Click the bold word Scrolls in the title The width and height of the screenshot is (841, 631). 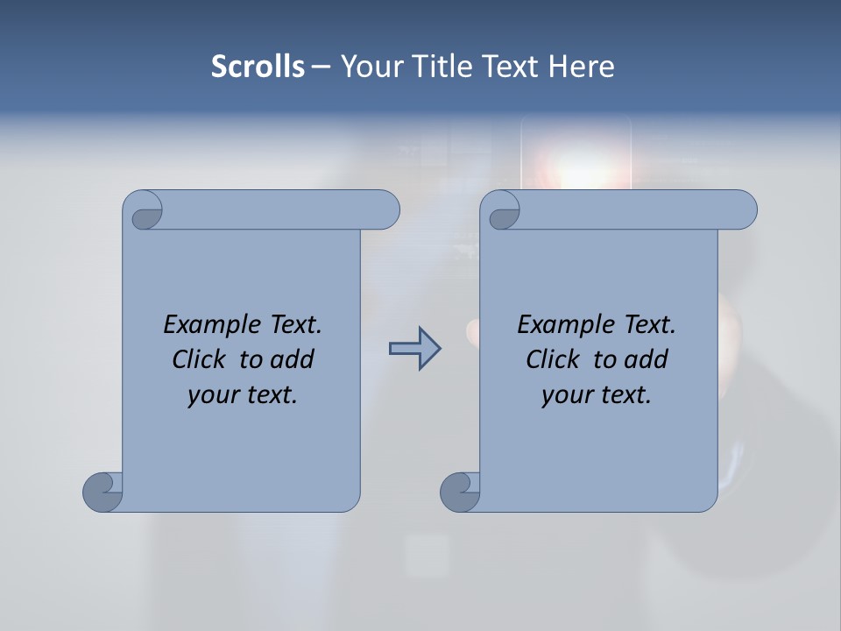pos(258,67)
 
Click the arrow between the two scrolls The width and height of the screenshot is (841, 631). pos(414,349)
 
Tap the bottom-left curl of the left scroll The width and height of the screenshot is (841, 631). pos(102,492)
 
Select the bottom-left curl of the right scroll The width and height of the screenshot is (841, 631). pos(459,492)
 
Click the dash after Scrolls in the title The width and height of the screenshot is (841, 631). pos(321,67)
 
